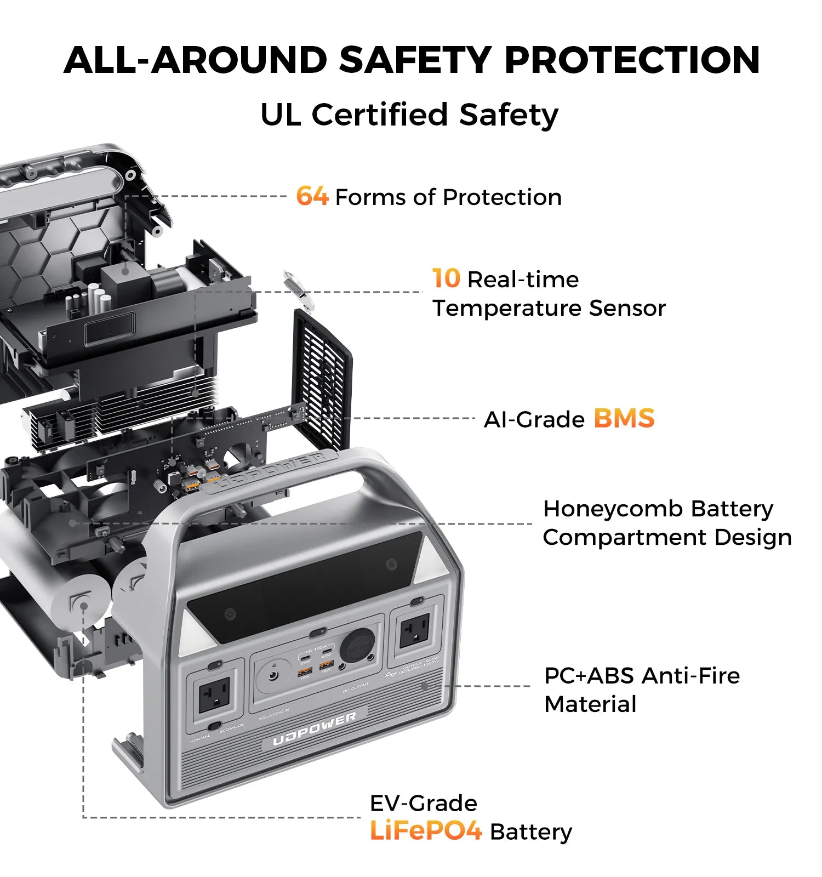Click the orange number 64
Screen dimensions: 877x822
[x=312, y=196]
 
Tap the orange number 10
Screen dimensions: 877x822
[x=446, y=278]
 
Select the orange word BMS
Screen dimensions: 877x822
[x=624, y=418]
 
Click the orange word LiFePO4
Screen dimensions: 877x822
[x=426, y=831]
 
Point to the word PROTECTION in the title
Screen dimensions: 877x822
[x=632, y=60]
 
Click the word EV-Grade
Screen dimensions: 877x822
[x=423, y=803]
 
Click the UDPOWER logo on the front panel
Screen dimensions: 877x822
[x=314, y=730]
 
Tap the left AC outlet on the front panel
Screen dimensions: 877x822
[x=214, y=695]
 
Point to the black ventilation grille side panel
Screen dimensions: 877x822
[x=322, y=378]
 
